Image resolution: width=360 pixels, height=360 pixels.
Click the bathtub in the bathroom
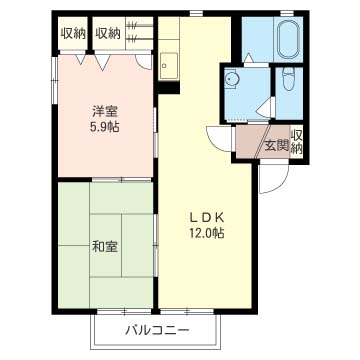tap(288, 39)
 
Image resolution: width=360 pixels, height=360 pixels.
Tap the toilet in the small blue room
tap(288, 78)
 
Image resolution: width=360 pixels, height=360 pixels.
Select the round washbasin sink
tap(230, 79)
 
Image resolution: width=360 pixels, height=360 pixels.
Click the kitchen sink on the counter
tap(168, 66)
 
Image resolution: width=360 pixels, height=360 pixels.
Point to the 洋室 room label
tap(105, 111)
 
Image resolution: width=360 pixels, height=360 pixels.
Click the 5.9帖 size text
tap(105, 127)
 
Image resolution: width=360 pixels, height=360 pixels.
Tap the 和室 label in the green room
tap(105, 246)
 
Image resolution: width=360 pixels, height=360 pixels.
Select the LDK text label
tap(206, 217)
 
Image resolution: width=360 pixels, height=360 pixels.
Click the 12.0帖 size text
tap(207, 233)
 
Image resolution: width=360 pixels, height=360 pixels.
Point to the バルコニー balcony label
tap(157, 330)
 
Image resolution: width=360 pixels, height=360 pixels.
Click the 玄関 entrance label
tap(276, 146)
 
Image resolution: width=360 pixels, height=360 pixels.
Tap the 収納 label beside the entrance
tap(296, 141)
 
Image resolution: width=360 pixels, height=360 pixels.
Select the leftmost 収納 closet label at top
tap(73, 33)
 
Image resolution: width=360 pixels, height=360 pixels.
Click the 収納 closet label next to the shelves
tap(108, 33)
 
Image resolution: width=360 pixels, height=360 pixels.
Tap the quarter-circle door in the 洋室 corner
tap(144, 62)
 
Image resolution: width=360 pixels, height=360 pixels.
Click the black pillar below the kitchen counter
tap(169, 87)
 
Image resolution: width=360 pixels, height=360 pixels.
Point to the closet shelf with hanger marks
tap(140, 33)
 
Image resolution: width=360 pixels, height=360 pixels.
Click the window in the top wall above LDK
tap(196, 13)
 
